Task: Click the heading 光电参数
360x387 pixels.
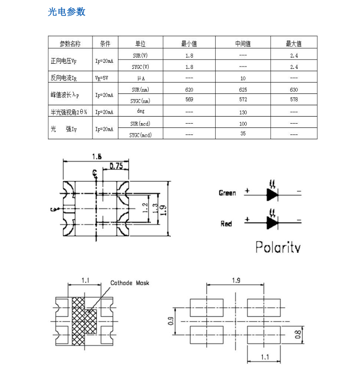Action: click(67, 12)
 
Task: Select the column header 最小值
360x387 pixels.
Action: click(189, 44)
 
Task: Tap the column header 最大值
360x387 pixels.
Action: click(293, 44)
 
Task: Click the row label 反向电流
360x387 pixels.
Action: click(64, 78)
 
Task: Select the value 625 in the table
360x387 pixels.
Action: click(243, 89)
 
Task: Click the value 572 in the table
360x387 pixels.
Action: click(243, 100)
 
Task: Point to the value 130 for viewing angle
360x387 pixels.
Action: click(243, 112)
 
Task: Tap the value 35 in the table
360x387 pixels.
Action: click(243, 134)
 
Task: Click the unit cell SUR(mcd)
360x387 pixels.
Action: click(140, 124)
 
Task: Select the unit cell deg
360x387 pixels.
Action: click(140, 111)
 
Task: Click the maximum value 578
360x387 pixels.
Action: click(293, 100)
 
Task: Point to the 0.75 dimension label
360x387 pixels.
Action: click(116, 166)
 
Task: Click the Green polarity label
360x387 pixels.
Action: click(227, 193)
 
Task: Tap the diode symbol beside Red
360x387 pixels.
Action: click(272, 222)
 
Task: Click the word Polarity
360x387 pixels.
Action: click(278, 247)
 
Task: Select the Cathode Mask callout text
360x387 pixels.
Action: click(130, 283)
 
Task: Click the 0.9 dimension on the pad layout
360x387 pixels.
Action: click(171, 321)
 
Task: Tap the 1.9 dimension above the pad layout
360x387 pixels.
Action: click(236, 281)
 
